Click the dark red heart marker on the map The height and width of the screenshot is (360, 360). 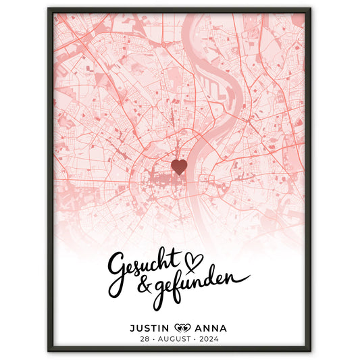[179, 167]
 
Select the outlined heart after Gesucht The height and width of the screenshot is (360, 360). [195, 258]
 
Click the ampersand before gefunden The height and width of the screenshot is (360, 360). [144, 285]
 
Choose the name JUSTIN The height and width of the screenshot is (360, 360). [150, 328]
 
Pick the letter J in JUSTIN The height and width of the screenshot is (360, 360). [132, 328]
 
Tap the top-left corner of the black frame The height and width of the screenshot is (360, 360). [49, 9]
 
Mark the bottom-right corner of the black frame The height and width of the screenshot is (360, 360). [311, 351]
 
